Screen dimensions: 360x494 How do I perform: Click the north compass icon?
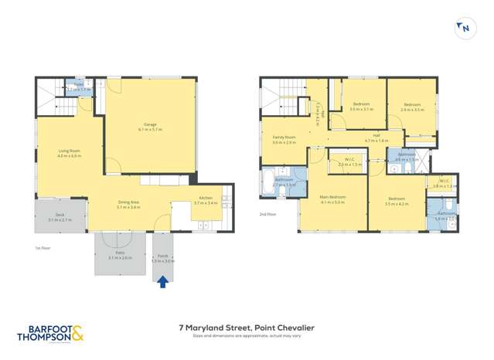pos(465,29)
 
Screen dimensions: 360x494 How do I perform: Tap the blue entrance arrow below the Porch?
pos(162,282)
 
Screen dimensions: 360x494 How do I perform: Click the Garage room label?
pos(150,127)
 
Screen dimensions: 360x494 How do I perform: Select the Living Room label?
pos(70,153)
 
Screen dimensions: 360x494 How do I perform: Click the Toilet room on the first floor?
pos(79,87)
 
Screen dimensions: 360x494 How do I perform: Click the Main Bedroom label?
pos(332,199)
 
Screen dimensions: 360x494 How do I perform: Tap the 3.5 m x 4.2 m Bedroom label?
pos(396,201)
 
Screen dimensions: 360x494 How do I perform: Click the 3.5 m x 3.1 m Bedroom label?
pos(361,107)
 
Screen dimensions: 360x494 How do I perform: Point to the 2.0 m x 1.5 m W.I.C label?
pos(349,162)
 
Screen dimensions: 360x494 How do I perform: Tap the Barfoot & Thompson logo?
pos(49,333)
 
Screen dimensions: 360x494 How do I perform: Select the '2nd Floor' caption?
pos(268,214)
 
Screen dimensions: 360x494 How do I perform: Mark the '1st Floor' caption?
pos(43,249)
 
